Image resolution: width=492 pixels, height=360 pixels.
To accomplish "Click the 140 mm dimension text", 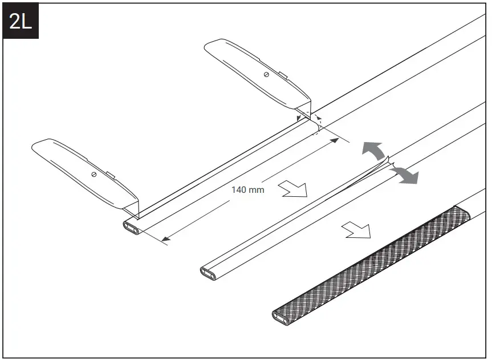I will coord(247,189).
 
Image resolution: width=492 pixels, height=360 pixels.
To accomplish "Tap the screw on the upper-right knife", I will coord(266,74).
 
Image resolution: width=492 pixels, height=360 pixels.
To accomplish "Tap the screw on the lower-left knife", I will coord(92,173).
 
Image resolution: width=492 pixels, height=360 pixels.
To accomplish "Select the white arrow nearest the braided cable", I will coord(357,230).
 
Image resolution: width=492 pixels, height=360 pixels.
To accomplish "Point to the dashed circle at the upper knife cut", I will coord(314,123).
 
